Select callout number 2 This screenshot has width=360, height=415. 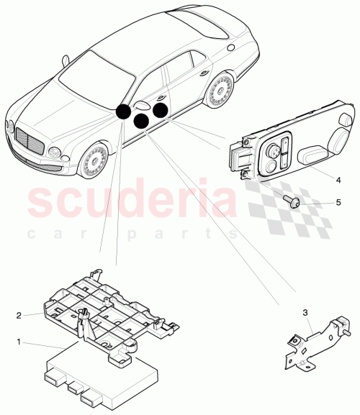point(19,314)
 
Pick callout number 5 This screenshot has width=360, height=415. point(338,204)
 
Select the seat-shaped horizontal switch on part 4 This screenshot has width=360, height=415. point(312,153)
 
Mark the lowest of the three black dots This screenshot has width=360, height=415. point(143,120)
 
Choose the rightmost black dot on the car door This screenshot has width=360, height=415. point(159,110)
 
